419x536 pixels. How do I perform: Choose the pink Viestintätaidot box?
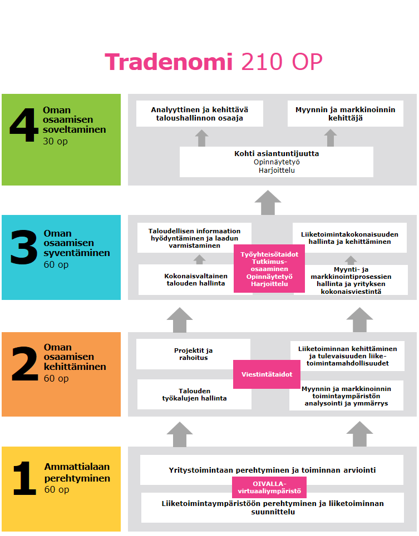pos(267,374)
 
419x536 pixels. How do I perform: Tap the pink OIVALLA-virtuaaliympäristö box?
pos(269,487)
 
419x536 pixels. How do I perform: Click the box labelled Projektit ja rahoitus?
pos(193,354)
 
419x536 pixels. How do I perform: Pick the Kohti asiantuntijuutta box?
pos(276,162)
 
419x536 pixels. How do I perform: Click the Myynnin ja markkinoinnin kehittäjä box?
pos(345,113)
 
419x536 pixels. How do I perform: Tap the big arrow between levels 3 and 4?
pos(268,202)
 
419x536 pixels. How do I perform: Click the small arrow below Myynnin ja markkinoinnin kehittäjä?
pos(331,138)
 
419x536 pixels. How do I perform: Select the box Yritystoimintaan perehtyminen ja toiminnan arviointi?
pos(272,470)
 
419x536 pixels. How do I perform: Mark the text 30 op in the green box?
pos(55,141)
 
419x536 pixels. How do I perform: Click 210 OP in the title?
pos(282,62)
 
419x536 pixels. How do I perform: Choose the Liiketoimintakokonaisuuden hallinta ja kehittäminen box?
pos(349,238)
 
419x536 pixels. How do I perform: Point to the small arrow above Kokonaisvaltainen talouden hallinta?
pos(199,259)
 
